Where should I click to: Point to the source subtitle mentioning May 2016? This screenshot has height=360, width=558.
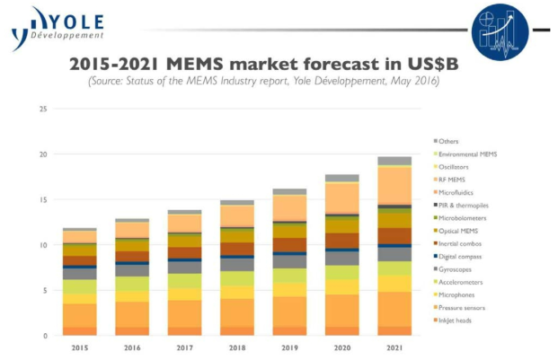point(263,82)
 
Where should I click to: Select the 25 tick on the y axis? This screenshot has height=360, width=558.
point(42,110)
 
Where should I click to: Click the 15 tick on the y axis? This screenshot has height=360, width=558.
point(42,200)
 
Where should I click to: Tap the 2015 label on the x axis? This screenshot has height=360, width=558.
point(79,348)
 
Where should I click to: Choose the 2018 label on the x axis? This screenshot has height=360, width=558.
point(237,348)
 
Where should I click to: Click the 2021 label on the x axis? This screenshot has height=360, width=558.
point(394,348)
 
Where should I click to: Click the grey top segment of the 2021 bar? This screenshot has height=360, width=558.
point(394,161)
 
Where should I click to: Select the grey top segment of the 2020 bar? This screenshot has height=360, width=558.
point(342,178)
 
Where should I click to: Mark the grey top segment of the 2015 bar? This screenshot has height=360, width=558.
point(79,230)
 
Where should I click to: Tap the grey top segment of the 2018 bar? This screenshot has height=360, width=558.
point(237,203)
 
